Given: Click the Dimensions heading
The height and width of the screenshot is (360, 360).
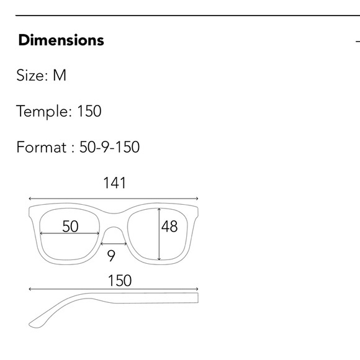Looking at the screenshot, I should point(61,41).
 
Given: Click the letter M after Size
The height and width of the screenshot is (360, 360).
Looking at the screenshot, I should point(60,76).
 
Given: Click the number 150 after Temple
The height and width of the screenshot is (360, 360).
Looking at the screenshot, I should point(89,112).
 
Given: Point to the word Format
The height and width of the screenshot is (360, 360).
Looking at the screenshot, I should point(41,148).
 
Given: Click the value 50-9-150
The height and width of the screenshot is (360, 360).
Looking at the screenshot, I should point(110,148).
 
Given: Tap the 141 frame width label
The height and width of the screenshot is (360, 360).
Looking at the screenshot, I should point(114,183).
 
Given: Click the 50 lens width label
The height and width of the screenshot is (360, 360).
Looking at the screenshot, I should point(70,227).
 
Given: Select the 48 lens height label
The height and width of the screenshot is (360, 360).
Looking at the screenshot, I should point(169,227).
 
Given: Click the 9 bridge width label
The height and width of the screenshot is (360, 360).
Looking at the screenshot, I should point(112,256).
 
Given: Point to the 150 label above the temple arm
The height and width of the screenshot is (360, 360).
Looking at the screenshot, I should point(119,281).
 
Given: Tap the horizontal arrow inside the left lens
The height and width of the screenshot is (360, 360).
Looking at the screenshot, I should point(70,234).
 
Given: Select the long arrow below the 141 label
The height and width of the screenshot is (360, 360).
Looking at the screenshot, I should point(114,200).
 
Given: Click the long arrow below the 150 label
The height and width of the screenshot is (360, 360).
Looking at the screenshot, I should point(114,289).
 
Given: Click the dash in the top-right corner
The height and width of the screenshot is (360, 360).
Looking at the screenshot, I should point(358,42).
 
